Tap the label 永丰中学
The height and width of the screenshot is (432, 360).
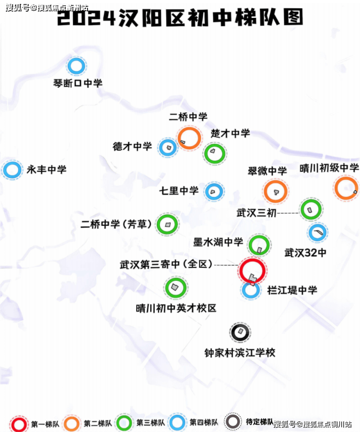(47, 170)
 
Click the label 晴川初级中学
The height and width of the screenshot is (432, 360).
(329, 168)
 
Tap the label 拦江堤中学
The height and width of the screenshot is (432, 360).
(292, 290)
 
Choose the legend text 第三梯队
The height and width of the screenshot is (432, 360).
(151, 423)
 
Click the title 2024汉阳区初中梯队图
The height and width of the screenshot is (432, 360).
(180, 17)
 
